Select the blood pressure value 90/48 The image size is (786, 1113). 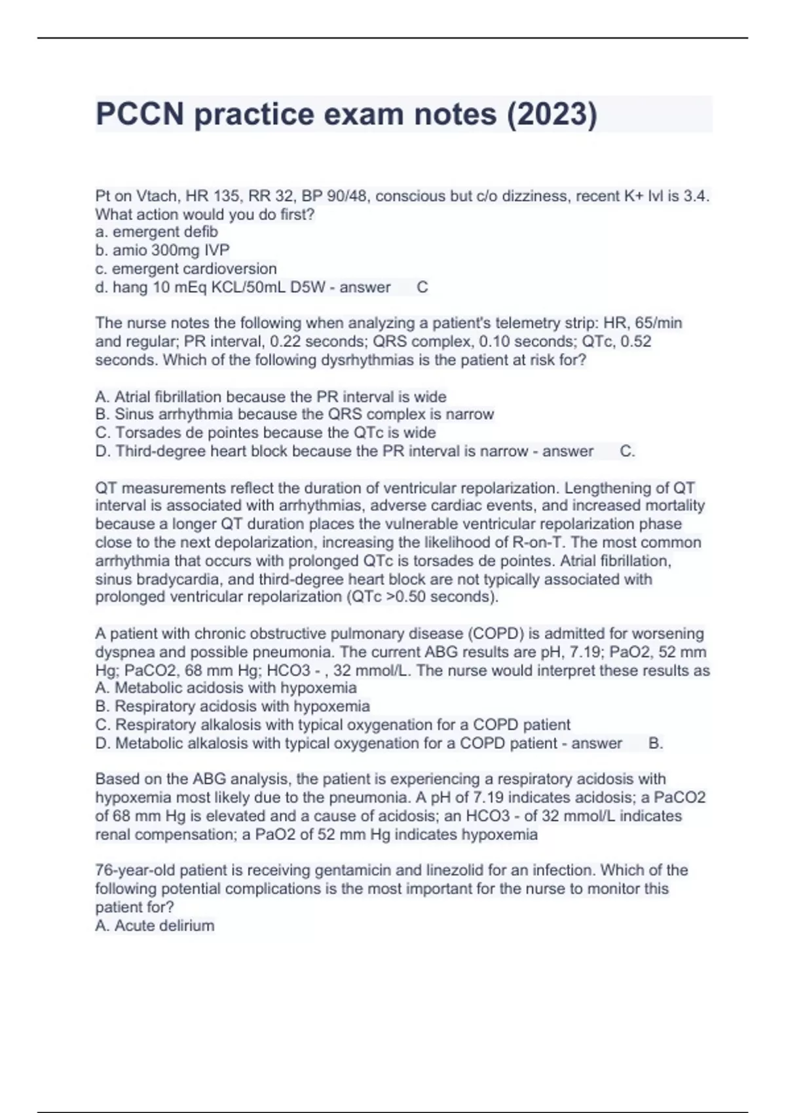point(345,196)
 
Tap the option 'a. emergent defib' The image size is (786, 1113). point(157,232)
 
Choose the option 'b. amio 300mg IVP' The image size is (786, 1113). point(162,250)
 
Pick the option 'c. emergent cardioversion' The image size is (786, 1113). point(186,268)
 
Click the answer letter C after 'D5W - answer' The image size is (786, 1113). point(422,287)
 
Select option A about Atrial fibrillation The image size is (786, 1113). point(271,397)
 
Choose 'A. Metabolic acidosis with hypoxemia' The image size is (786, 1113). point(226,688)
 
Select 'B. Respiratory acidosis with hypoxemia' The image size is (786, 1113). point(233,706)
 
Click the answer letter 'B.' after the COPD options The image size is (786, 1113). point(656,743)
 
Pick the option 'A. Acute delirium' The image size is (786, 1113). point(155,926)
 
